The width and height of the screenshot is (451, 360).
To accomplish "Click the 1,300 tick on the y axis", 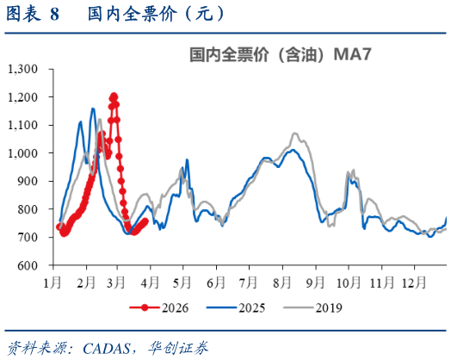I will pyautogui.click(x=32, y=69).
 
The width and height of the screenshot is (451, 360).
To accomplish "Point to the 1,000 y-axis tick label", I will pyautogui.click(x=32, y=153).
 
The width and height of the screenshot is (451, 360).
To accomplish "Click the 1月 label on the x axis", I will pyautogui.click(x=53, y=282).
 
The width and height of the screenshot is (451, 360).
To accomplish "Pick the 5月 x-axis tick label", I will pyautogui.click(x=182, y=282).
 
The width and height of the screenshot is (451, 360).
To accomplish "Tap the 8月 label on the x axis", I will pyautogui.click(x=281, y=282).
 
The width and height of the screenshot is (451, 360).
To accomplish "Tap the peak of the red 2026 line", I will pyautogui.click(x=114, y=96).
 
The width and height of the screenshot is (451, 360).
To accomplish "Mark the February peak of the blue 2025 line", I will pyautogui.click(x=93, y=109).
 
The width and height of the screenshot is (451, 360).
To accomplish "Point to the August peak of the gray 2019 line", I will pyautogui.click(x=294, y=133).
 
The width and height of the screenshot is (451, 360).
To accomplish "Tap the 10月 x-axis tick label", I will pyautogui.click(x=348, y=282).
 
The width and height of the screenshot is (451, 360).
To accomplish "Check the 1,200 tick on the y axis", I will pyautogui.click(x=32, y=97).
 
